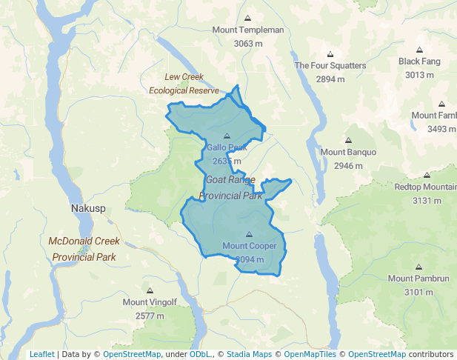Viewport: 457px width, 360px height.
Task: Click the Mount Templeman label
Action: pyautogui.click(x=248, y=30)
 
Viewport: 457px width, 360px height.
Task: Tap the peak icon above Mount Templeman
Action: pyautogui.click(x=248, y=18)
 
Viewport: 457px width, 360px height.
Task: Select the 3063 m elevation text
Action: pyautogui.click(x=248, y=44)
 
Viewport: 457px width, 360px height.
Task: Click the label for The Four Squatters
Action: pyautogui.click(x=330, y=66)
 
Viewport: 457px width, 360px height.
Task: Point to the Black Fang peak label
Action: pyautogui.click(x=419, y=61)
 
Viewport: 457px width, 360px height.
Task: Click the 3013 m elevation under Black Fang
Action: pyautogui.click(x=419, y=75)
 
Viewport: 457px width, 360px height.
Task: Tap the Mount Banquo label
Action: pyautogui.click(x=348, y=153)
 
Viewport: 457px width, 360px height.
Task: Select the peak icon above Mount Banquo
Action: pyautogui.click(x=348, y=140)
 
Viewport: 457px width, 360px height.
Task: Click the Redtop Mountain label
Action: pyautogui.click(x=425, y=187)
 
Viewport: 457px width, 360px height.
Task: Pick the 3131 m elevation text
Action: pyautogui.click(x=426, y=201)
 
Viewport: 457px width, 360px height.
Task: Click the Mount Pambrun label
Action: pyautogui.click(x=418, y=279)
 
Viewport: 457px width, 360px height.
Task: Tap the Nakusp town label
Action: pyautogui.click(x=89, y=209)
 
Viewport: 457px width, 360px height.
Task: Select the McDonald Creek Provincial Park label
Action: pyautogui.click(x=84, y=249)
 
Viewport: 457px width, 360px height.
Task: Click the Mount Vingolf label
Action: pyautogui.click(x=150, y=302)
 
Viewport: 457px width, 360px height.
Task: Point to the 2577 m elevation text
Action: pyautogui.click(x=150, y=316)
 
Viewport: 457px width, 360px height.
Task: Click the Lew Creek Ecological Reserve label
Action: pyautogui.click(x=184, y=84)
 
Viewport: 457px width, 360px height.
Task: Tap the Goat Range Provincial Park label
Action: pyautogui.click(x=231, y=188)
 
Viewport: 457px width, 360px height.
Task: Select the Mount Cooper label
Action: pyautogui.click(x=249, y=246)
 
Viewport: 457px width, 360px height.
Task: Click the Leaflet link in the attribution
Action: pyautogui.click(x=41, y=354)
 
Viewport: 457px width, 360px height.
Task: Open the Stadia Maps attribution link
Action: pyautogui.click(x=250, y=354)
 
